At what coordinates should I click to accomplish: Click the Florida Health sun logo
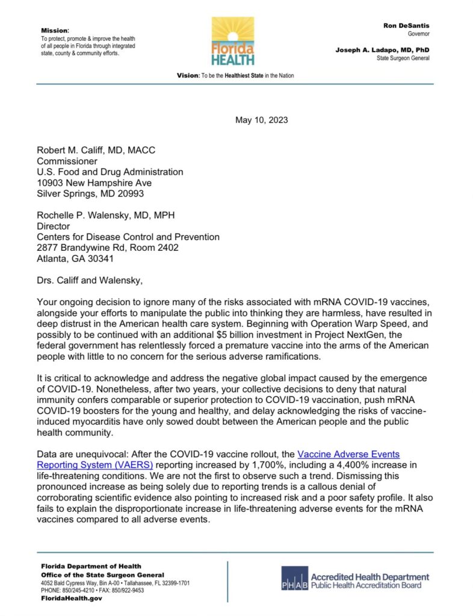click(232, 40)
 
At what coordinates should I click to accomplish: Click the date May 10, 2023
click(261, 120)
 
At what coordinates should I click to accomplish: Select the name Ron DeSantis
click(406, 26)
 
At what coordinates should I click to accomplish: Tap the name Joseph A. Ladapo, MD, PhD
click(382, 50)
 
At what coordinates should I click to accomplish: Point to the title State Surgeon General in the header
click(403, 58)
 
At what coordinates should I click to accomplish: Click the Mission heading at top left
click(55, 30)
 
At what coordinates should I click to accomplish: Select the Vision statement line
click(235, 76)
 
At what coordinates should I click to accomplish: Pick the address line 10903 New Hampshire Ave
click(94, 182)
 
